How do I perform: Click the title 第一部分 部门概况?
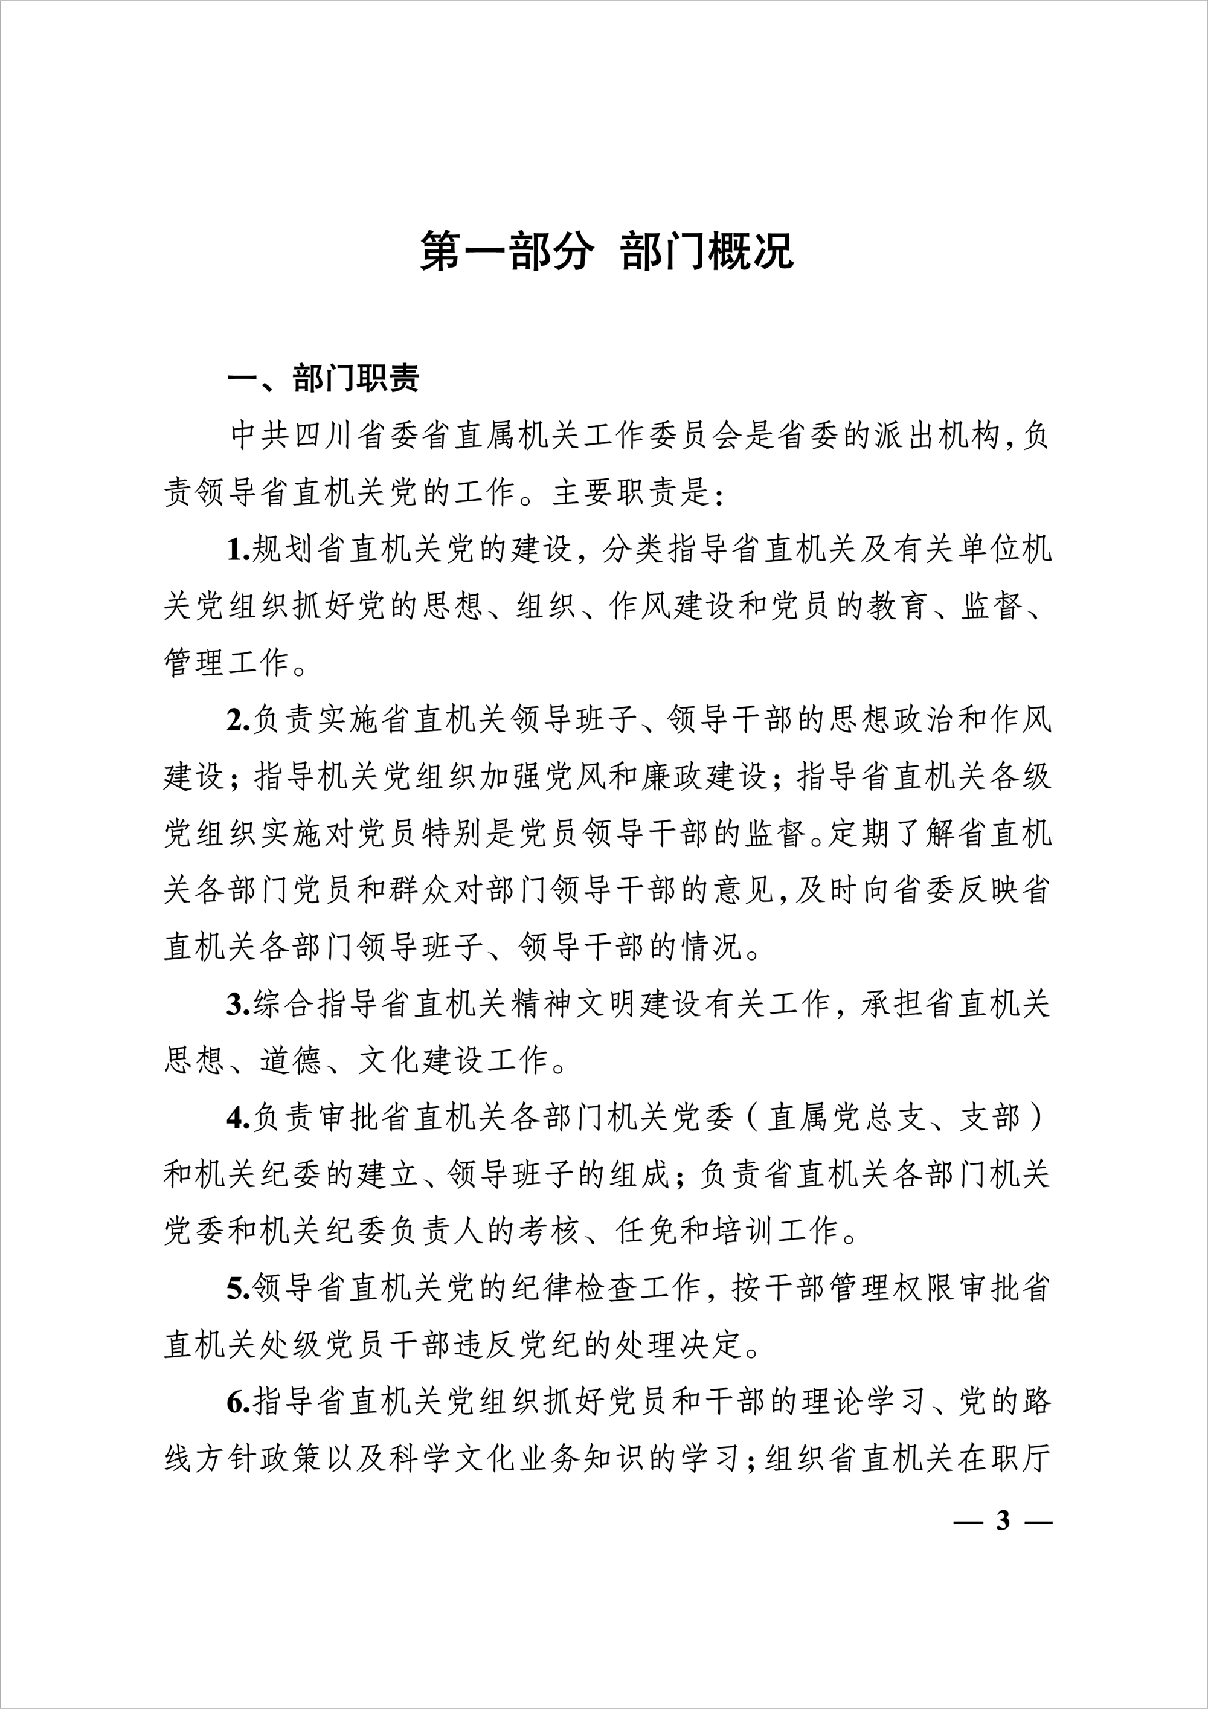point(606,251)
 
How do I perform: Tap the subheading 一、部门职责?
point(324,379)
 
